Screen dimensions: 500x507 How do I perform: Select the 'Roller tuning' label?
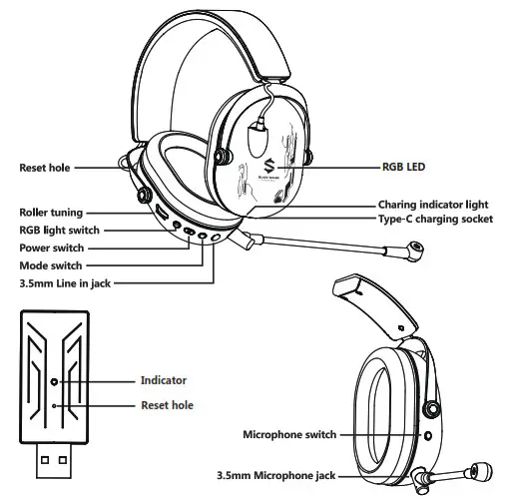click(51, 213)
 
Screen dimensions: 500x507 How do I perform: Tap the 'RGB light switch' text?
click(59, 231)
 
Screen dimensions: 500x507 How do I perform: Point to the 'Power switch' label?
click(52, 249)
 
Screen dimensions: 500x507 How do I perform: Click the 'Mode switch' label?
click(51, 266)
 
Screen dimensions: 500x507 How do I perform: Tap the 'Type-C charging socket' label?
click(435, 220)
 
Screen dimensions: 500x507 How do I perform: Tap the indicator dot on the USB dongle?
click(54, 381)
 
